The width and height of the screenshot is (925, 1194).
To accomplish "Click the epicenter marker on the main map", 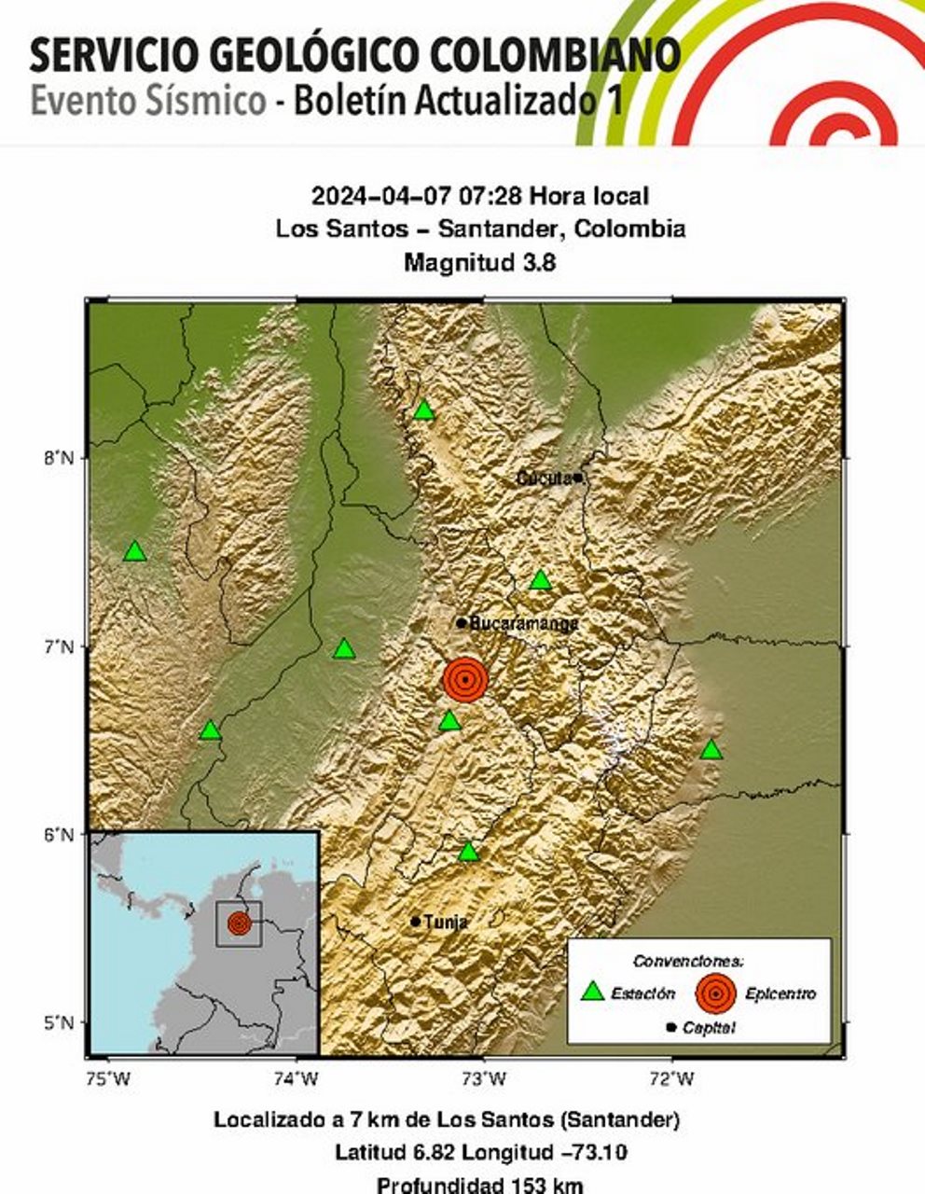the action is pyautogui.click(x=465, y=679).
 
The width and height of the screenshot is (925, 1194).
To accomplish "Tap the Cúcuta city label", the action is pyautogui.click(x=545, y=479).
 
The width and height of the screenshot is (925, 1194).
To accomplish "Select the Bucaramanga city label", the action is pyautogui.click(x=523, y=623).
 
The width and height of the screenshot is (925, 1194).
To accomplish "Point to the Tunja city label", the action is pyautogui.click(x=445, y=922).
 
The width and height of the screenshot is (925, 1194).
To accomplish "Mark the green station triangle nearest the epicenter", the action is pyautogui.click(x=449, y=721).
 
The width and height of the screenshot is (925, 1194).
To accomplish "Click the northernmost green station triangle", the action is pyautogui.click(x=424, y=410).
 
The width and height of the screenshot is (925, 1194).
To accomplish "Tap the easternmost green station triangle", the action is pyautogui.click(x=711, y=750).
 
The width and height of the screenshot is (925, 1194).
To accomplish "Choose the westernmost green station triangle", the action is pyautogui.click(x=135, y=551).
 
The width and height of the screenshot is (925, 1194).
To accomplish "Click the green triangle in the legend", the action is pyautogui.click(x=592, y=993).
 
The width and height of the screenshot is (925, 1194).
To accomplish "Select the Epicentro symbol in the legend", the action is pyautogui.click(x=715, y=993).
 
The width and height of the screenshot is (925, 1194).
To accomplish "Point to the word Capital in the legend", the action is pyautogui.click(x=709, y=1028).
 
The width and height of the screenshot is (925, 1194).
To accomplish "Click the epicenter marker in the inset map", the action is pyautogui.click(x=239, y=923).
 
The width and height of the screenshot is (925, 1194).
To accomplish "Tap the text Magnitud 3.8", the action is pyautogui.click(x=479, y=263).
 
